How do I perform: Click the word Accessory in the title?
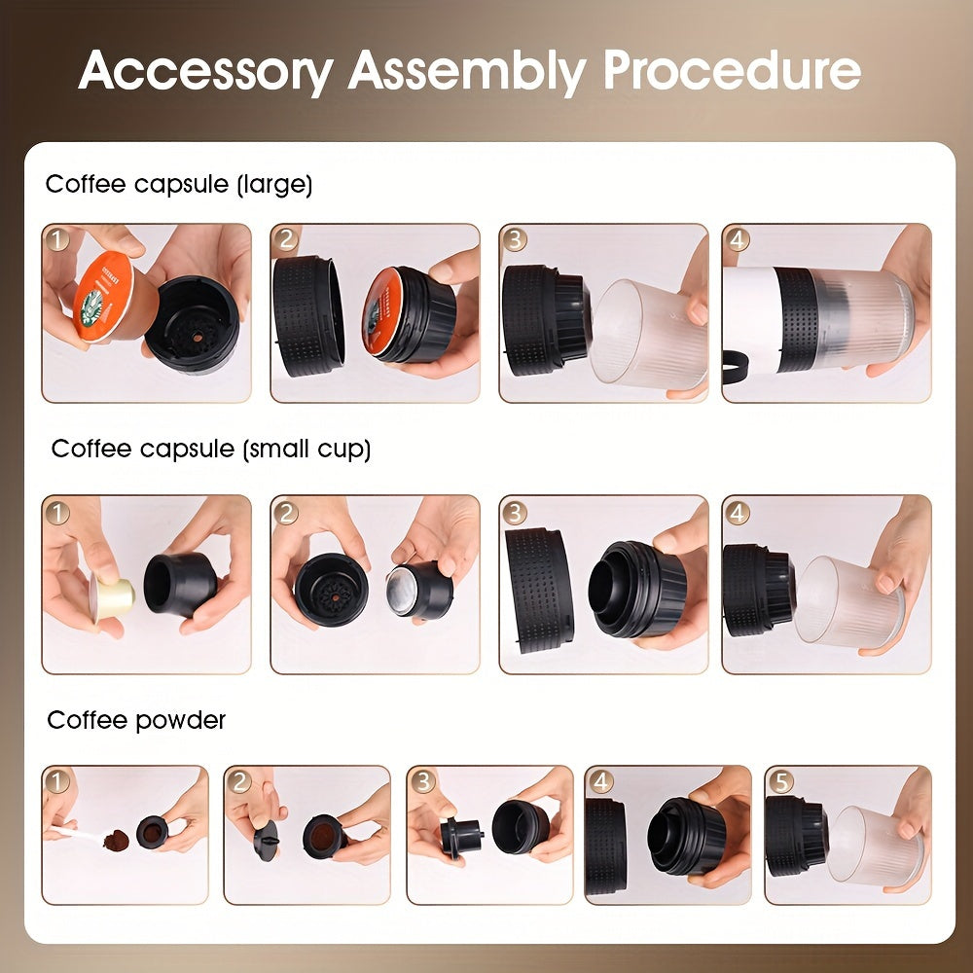pyautogui.click(x=205, y=70)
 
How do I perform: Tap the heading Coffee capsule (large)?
pyautogui.click(x=179, y=185)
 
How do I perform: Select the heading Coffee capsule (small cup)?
pyautogui.click(x=211, y=449)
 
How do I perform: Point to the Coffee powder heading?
pyautogui.click(x=136, y=720)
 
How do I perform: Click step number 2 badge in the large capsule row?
pyautogui.click(x=286, y=239)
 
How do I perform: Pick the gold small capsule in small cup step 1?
pyautogui.click(x=109, y=594)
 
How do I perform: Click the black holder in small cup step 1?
pyautogui.click(x=180, y=584)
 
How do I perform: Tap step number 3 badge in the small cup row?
pyautogui.click(x=515, y=512)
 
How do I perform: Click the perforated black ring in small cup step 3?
pyautogui.click(x=539, y=590)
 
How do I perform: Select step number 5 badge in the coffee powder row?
pyautogui.click(x=780, y=780)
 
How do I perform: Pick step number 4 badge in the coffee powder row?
pyautogui.click(x=600, y=780)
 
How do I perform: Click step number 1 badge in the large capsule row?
pyautogui.click(x=57, y=239)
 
